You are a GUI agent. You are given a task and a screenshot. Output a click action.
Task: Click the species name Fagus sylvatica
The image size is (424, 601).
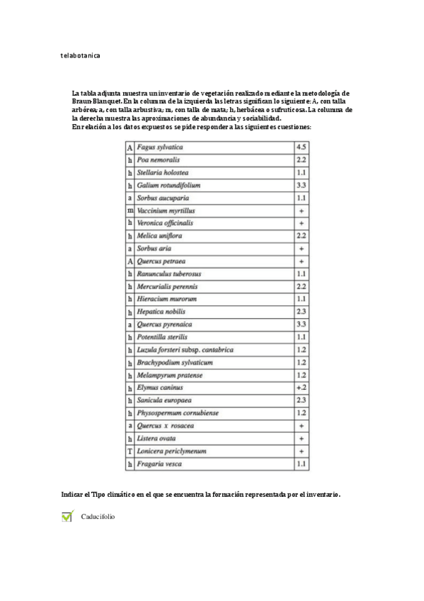[x=160, y=147]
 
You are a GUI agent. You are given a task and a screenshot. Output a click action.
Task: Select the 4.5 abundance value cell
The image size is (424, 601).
[x=302, y=147]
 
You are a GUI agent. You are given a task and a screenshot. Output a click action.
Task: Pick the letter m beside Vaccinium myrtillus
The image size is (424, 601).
[x=130, y=210]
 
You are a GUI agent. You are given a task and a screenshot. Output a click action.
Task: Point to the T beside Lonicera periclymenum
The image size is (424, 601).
[x=130, y=451]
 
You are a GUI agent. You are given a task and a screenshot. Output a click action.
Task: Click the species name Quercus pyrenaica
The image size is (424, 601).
[x=163, y=325]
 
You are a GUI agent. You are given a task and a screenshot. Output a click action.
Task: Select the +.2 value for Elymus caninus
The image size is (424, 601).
[x=302, y=388]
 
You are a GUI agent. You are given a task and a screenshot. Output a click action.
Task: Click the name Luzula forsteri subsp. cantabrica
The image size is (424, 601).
[x=185, y=350]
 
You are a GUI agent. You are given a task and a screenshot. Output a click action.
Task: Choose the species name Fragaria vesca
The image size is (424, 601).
[x=159, y=464]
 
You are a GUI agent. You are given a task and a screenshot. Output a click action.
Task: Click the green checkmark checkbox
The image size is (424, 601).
[x=67, y=517]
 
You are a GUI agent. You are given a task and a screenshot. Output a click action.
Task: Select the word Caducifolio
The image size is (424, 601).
[x=98, y=517]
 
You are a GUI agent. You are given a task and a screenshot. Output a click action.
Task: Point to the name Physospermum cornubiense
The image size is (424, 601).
[x=178, y=413]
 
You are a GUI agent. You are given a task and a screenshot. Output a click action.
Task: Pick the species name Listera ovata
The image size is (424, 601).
[x=157, y=439]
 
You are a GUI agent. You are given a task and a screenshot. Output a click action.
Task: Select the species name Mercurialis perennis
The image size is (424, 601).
[x=167, y=286]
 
